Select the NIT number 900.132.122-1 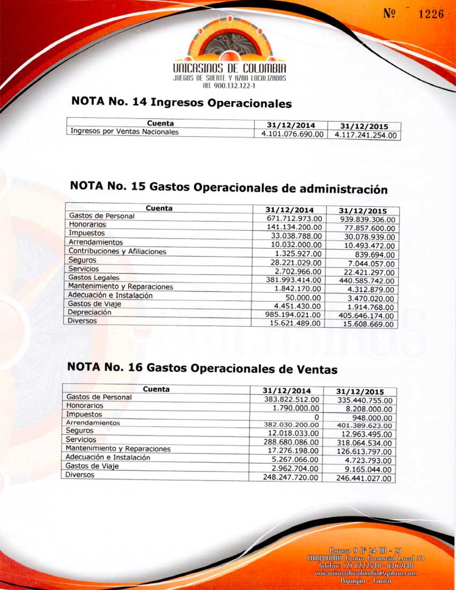(x=229, y=85)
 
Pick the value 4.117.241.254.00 (x=366, y=136)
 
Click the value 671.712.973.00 (x=294, y=218)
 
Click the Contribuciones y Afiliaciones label (x=117, y=251)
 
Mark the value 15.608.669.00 (x=368, y=324)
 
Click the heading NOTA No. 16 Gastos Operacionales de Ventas (x=202, y=368)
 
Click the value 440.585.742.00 (x=367, y=281)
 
